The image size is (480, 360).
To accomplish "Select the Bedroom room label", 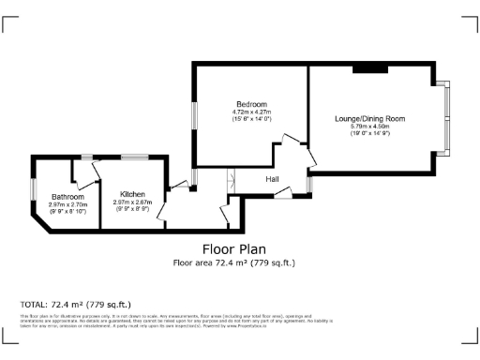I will click(x=251, y=104).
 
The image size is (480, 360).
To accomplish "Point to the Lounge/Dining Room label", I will click(x=370, y=119).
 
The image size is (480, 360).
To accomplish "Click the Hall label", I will click(x=272, y=178).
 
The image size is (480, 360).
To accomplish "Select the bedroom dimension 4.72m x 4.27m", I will click(x=251, y=112).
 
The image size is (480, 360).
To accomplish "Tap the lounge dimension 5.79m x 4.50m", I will click(x=370, y=127).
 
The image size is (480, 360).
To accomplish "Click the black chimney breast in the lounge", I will click(x=369, y=67).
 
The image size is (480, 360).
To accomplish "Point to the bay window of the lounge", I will click(x=447, y=120).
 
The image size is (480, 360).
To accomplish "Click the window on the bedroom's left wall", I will click(x=194, y=115).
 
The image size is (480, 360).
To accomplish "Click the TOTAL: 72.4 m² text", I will click(x=76, y=305).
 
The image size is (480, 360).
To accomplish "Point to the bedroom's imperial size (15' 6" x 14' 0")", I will click(x=251, y=120).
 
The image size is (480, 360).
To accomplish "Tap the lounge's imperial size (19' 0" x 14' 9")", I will click(x=370, y=135).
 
